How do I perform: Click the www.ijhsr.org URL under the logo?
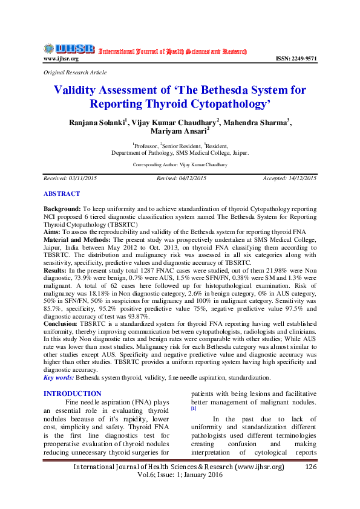(61, 59)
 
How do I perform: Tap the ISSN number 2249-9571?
(296, 59)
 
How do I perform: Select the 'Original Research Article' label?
(74, 72)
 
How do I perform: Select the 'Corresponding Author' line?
(180, 164)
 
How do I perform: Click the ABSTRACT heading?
(62, 193)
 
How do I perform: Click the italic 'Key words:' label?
(59, 377)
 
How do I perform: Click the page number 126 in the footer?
(312, 467)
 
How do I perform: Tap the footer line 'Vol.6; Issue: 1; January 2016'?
(179, 475)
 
